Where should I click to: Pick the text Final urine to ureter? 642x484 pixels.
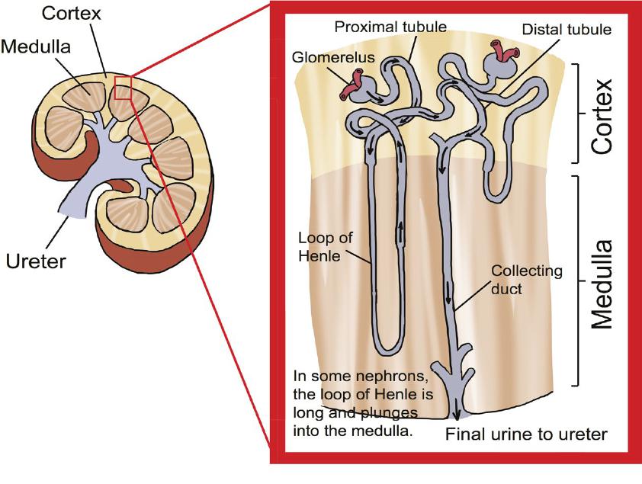(526, 435)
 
